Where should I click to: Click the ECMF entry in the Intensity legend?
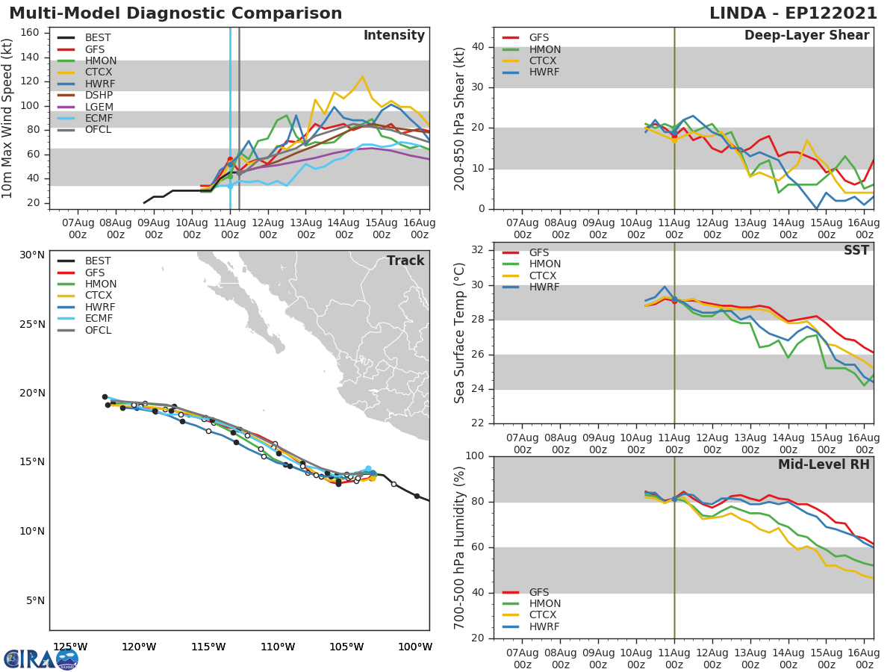pyautogui.click(x=99, y=119)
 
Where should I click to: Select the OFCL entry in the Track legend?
pyautogui.click(x=98, y=330)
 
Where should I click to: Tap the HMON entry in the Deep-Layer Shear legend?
pyautogui.click(x=545, y=49)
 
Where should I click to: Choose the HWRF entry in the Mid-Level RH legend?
pyautogui.click(x=544, y=626)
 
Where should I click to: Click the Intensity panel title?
pyautogui.click(x=393, y=36)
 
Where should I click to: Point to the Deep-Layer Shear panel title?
pyautogui.click(x=806, y=36)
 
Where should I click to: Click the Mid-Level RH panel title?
pyautogui.click(x=824, y=465)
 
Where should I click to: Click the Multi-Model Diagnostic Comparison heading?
pyautogui.click(x=175, y=13)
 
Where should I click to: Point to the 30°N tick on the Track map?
pyautogui.click(x=32, y=255)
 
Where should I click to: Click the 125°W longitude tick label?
pyautogui.click(x=70, y=647)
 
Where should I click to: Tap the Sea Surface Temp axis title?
pyautogui.click(x=461, y=333)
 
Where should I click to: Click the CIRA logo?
pyautogui.click(x=40, y=659)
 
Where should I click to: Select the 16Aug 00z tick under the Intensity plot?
pyautogui.click(x=420, y=228)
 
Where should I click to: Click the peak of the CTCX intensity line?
pyautogui.click(x=362, y=76)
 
